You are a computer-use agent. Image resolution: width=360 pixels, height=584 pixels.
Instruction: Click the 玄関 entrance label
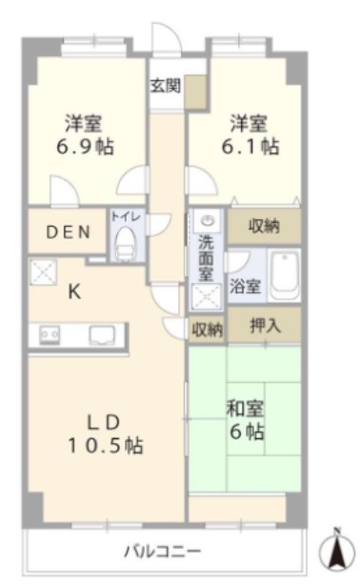tap(165, 85)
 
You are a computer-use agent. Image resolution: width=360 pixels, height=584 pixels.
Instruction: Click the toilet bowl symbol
tap(125, 247)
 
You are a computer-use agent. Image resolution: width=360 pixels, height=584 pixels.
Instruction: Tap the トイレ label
tap(126, 217)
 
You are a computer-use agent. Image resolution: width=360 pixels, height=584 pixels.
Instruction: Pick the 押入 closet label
tap(265, 325)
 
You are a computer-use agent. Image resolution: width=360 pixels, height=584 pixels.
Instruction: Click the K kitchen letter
tap(72, 293)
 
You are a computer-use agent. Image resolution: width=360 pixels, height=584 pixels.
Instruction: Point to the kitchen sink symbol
tap(102, 334)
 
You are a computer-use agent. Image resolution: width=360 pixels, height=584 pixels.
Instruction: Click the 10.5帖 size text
tap(106, 444)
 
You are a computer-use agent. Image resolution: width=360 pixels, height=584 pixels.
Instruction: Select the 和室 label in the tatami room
tap(246, 410)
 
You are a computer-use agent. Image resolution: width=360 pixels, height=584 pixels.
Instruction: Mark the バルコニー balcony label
tap(162, 551)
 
